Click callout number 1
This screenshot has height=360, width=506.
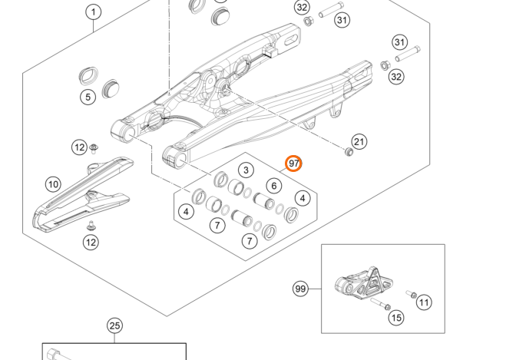tap(93, 12)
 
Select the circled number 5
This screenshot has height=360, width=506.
tap(88, 97)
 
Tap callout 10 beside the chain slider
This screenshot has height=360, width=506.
tap(52, 184)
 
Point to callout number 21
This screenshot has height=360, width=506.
tap(359, 141)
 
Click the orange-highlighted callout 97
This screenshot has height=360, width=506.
tap(294, 163)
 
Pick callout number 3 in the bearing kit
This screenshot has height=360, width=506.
tap(245, 170)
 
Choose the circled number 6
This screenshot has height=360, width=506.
tap(273, 186)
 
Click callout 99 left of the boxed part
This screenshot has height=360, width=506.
tap(300, 289)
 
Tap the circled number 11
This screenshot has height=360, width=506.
tap(424, 302)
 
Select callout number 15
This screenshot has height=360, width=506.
tap(395, 317)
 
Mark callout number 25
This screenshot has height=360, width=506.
tap(114, 326)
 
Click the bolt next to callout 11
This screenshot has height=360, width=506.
tap(411, 295)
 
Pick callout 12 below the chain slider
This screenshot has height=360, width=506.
tap(91, 243)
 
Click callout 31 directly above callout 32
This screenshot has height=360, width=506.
tap(399, 42)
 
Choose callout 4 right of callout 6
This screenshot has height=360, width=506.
tap(303, 199)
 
